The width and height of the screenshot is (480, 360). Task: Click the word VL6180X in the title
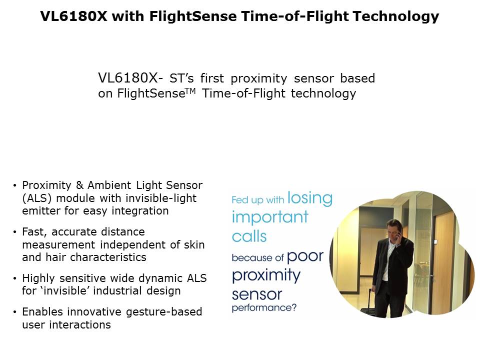click(74, 16)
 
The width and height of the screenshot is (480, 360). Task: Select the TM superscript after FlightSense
click(190, 91)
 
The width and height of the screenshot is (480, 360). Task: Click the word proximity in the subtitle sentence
click(259, 78)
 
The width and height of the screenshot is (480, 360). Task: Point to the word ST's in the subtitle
click(181, 78)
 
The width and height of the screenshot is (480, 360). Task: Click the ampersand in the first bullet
click(79, 185)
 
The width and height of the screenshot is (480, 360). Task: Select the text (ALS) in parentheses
click(37, 198)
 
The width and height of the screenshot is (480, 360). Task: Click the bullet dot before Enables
click(14, 312)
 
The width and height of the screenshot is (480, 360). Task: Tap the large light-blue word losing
click(310, 198)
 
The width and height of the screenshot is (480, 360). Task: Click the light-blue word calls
click(249, 236)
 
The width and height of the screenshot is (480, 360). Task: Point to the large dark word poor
click(305, 257)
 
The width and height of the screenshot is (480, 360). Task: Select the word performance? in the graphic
click(264, 307)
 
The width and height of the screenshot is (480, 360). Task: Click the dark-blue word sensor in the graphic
click(257, 295)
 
